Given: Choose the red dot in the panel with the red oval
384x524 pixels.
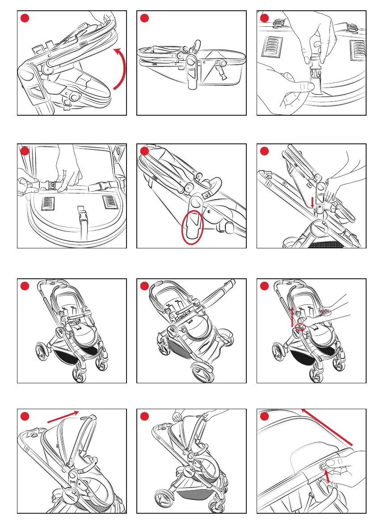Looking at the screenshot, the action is point(145,151).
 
